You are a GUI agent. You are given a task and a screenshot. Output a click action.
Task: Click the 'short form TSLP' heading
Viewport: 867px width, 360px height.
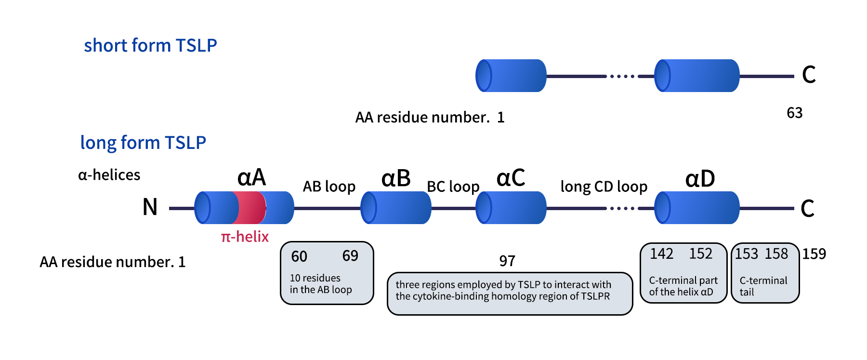[150, 45]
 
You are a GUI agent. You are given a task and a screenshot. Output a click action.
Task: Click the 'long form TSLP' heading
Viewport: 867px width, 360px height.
[143, 143]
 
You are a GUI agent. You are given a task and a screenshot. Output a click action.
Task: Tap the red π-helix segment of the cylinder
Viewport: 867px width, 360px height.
[249, 208]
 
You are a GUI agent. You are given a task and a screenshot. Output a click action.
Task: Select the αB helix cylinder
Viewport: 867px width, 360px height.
[396, 208]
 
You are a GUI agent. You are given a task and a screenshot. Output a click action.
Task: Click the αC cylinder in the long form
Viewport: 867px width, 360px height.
[511, 208]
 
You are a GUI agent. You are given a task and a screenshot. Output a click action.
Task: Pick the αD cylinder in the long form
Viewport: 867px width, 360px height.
[697, 208]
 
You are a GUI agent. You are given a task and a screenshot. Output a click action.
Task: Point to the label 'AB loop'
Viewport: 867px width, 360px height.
[329, 187]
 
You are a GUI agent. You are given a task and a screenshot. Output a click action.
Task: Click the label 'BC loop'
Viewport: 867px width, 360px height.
[453, 187]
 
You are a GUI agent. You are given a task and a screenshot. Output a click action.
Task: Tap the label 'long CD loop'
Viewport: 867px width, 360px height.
[604, 187]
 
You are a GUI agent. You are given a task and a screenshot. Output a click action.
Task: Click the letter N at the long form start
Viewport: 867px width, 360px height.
[150, 207]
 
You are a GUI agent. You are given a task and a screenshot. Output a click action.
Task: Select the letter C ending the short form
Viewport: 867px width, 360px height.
[809, 75]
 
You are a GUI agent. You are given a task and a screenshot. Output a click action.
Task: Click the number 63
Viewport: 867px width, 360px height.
[794, 113]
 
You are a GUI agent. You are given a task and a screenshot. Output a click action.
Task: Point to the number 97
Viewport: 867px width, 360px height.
[507, 261]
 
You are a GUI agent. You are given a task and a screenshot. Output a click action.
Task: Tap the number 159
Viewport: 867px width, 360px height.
[814, 254]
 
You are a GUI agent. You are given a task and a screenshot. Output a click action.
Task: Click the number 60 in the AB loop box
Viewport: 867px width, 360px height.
[299, 256]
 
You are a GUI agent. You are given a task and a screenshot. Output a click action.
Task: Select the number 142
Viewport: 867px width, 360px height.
[661, 254]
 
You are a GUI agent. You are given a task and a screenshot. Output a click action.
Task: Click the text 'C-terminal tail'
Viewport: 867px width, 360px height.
[763, 286]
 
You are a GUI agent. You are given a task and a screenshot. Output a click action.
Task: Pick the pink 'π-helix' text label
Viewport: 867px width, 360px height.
[245, 237]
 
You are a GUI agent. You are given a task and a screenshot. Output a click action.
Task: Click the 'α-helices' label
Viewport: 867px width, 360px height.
[109, 175]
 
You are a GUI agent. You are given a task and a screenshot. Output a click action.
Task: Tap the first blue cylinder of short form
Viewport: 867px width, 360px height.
[511, 76]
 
